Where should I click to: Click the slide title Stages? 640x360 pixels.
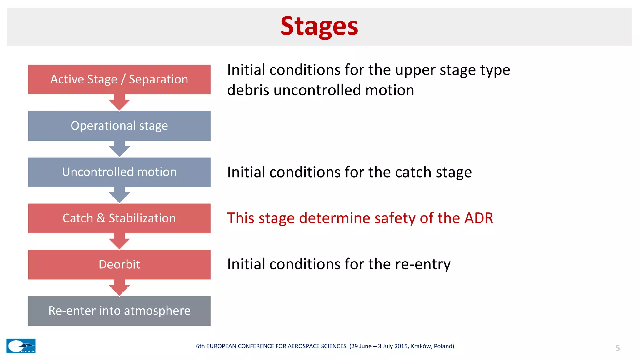click(319, 26)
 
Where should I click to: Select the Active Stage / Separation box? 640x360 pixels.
click(119, 79)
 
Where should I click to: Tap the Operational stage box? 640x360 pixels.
click(119, 126)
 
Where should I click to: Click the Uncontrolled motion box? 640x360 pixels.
click(119, 172)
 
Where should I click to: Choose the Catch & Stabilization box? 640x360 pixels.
click(119, 218)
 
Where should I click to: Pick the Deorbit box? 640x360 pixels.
click(119, 264)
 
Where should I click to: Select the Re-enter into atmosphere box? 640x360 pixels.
click(119, 311)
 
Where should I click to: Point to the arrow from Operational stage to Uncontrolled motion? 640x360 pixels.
click(119, 149)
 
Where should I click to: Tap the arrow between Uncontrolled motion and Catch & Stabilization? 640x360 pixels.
click(119, 195)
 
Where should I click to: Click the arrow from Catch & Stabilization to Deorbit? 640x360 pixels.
click(119, 242)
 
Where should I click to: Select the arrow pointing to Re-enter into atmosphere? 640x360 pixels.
click(119, 288)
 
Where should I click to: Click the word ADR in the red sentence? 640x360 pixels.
click(478, 218)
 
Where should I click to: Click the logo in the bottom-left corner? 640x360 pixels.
click(21, 346)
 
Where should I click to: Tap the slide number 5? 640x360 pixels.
click(617, 348)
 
